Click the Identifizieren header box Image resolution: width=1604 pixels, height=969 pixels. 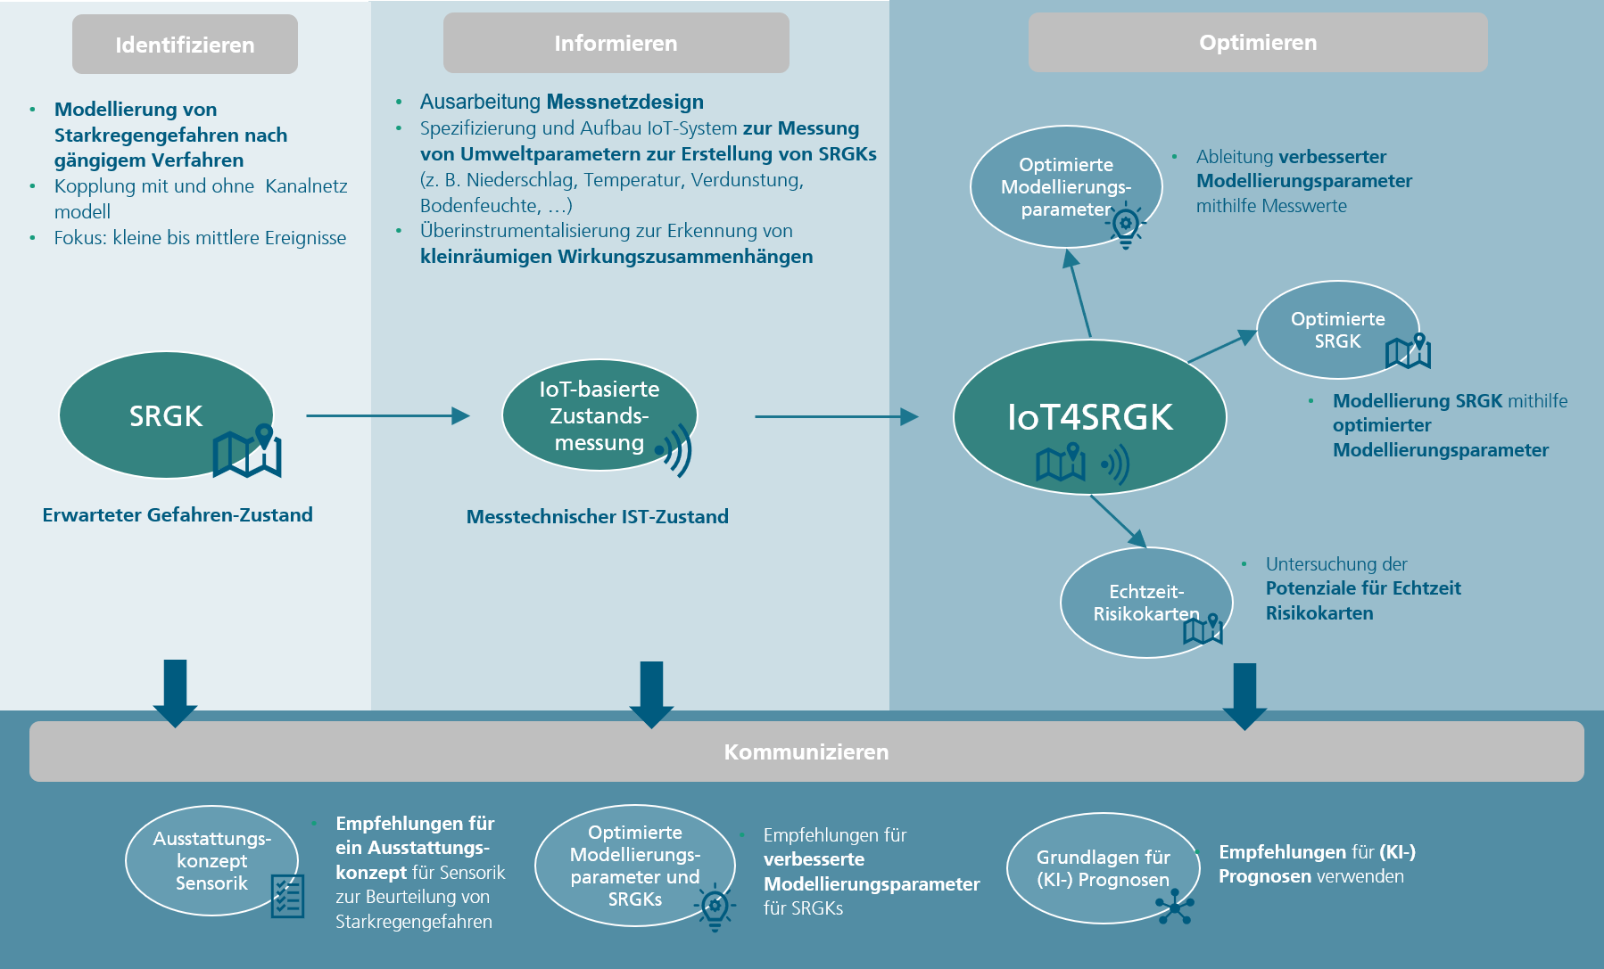coord(185,44)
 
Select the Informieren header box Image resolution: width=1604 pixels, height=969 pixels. coord(616,43)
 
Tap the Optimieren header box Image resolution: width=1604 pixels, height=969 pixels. coord(1258,42)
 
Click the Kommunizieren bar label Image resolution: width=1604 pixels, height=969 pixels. coord(806,751)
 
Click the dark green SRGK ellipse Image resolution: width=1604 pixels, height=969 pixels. coord(166,415)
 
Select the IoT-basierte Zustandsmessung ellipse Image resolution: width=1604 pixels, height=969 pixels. coord(599,415)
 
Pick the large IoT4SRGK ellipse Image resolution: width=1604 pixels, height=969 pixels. coord(1090,417)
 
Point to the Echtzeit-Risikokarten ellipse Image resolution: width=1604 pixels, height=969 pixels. coord(1146,603)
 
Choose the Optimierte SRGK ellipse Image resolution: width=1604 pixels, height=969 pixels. coord(1337,330)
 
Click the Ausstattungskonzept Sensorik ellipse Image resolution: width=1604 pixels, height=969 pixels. coord(211,860)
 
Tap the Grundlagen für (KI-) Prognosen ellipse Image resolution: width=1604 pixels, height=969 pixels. coord(1103,868)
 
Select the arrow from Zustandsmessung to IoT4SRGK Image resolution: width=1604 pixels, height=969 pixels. coord(837,416)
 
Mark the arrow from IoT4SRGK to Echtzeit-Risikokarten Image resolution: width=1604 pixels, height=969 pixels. coord(1119,521)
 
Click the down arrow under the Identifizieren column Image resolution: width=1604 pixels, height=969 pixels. coord(175,694)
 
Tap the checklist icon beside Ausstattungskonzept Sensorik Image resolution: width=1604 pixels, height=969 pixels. coord(287,896)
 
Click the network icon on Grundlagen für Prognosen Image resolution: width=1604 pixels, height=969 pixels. coord(1175,907)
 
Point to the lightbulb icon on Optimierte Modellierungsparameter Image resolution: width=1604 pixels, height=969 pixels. coord(1126,224)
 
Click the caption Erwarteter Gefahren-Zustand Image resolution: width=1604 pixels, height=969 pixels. coord(178,515)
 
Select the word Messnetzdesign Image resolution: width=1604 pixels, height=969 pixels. coord(625,102)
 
